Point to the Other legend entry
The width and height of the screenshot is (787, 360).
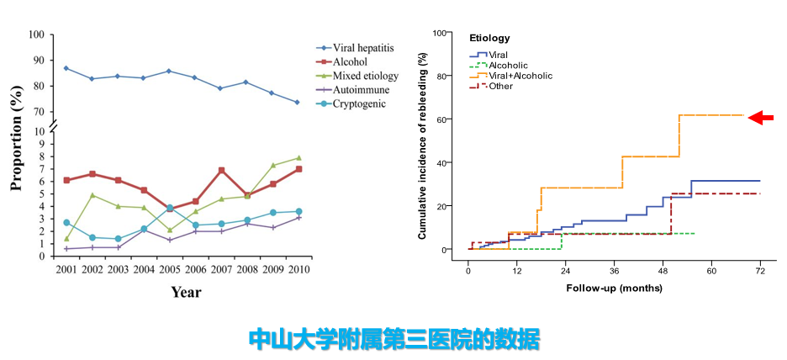pos(500,86)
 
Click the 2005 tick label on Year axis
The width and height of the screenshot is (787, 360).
pos(169,271)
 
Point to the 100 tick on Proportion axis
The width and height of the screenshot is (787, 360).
pos(36,34)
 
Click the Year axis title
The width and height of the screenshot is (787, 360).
pos(186,293)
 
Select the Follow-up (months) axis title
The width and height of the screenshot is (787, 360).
pos(614,288)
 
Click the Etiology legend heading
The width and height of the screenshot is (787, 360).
pos(489,39)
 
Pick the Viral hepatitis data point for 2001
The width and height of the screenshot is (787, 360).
pos(66,68)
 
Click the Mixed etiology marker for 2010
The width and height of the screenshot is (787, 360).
pos(298,157)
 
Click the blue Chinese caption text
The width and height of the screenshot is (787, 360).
pos(393,339)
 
